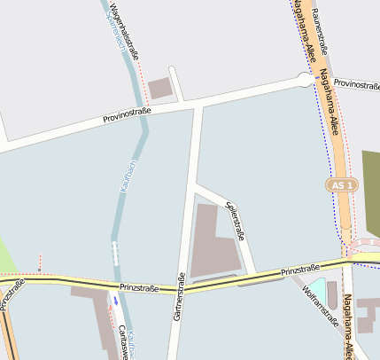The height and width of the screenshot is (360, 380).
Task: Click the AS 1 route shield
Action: (x=341, y=185)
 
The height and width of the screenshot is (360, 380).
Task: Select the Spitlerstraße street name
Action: (x=236, y=221)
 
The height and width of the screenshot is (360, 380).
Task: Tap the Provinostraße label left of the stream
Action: (x=127, y=113)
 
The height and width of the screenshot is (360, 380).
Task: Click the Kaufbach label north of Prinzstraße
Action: (x=127, y=176)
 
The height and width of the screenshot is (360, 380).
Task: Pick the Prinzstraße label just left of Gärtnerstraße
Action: (x=139, y=288)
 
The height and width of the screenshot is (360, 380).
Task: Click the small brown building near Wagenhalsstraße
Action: (x=160, y=88)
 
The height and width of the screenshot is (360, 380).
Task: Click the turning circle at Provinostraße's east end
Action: (x=306, y=80)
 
